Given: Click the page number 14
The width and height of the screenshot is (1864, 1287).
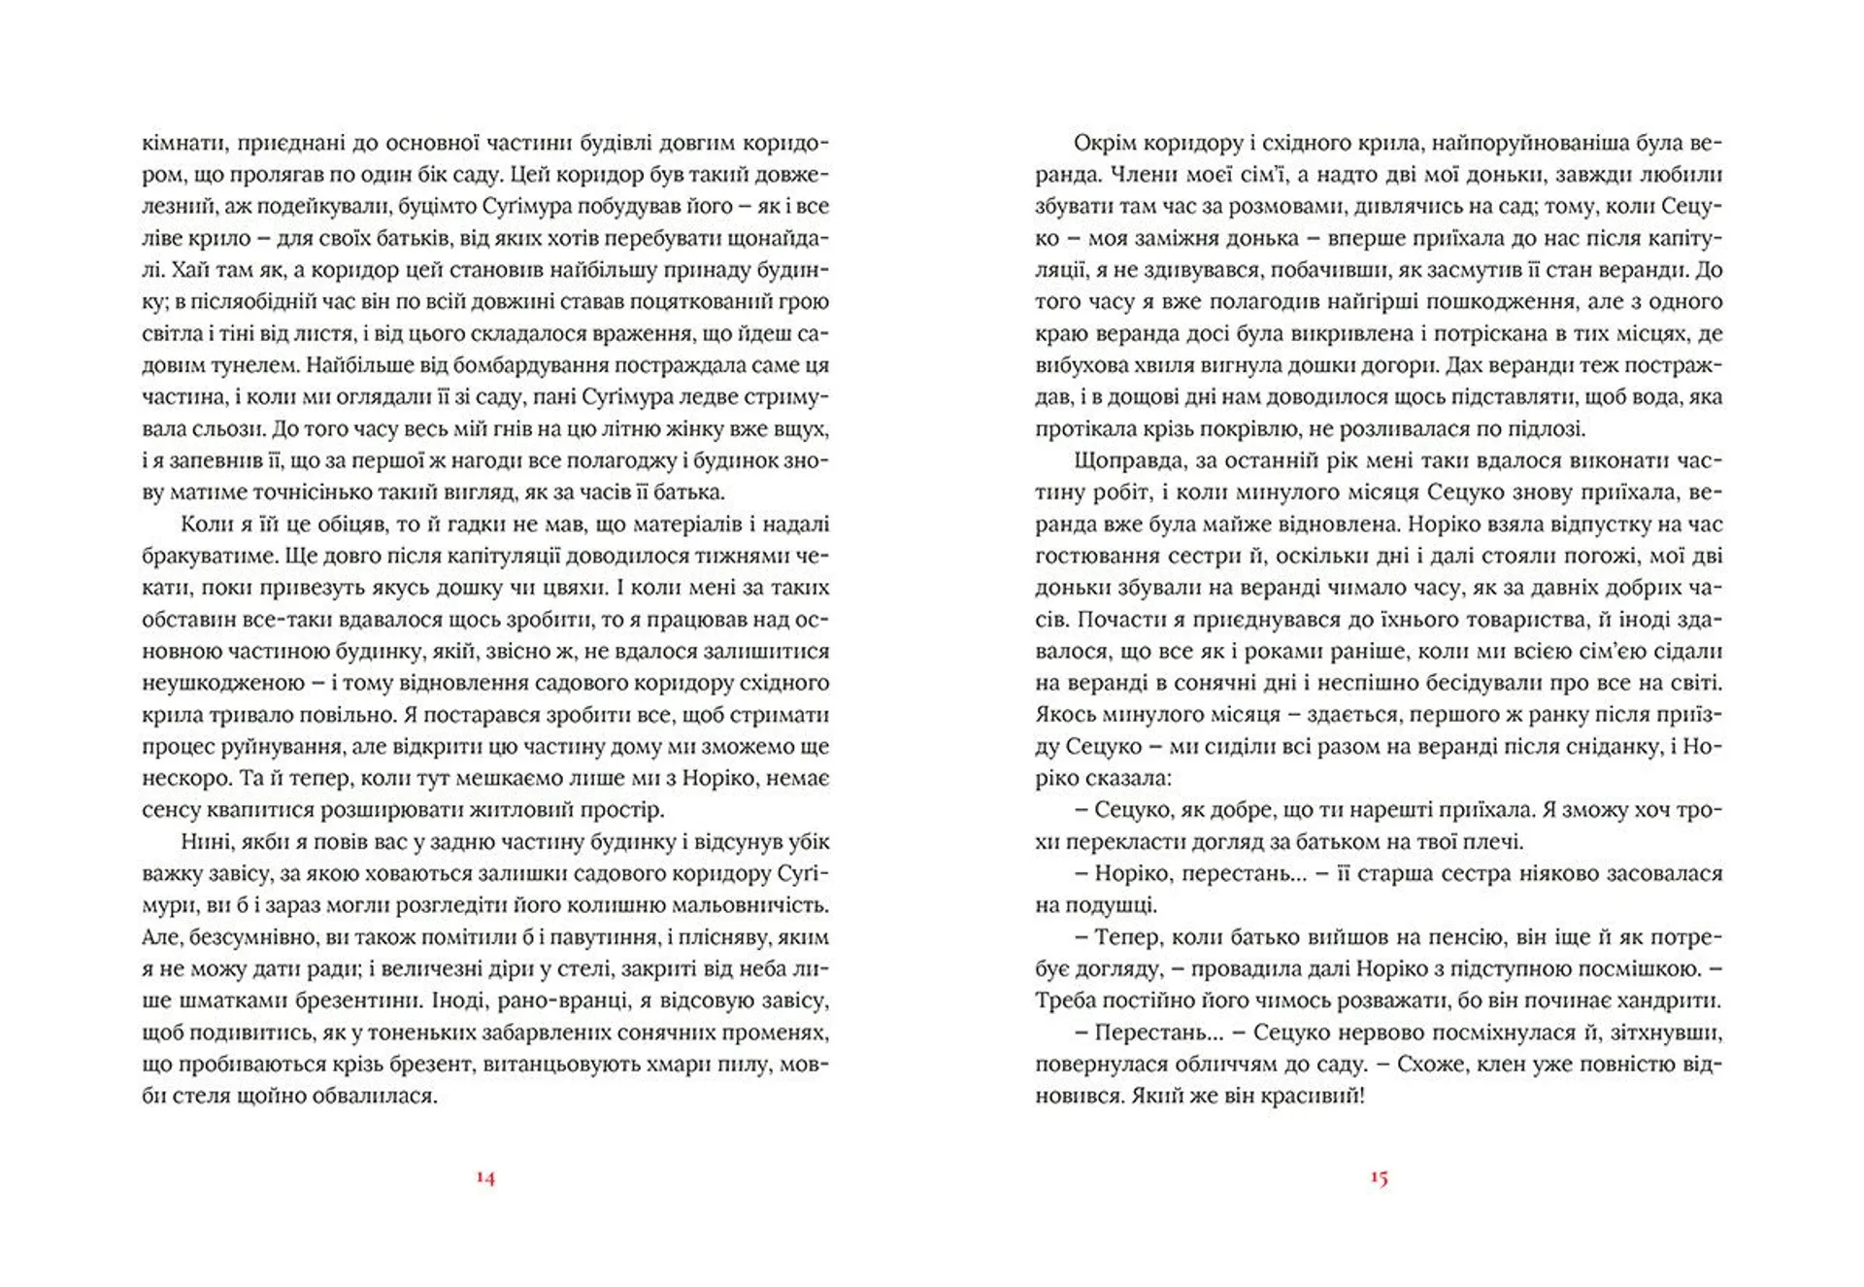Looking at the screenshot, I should [x=485, y=1178].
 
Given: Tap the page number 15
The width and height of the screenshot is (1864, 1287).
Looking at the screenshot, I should [x=1379, y=1178].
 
